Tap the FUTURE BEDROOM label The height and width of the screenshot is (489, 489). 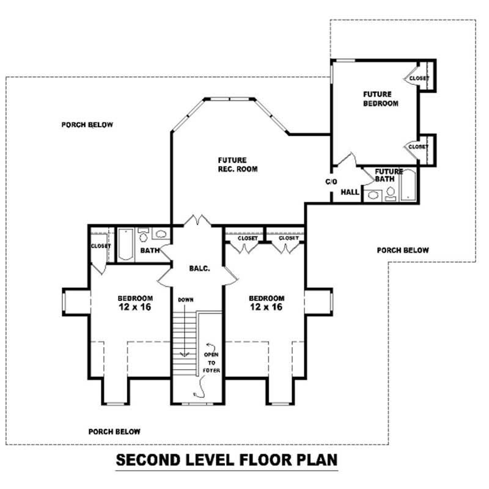click(380, 99)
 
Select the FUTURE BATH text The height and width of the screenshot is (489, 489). click(389, 175)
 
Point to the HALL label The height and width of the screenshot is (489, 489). click(350, 192)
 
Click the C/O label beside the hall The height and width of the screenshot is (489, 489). click(331, 182)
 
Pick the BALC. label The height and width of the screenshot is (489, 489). click(199, 267)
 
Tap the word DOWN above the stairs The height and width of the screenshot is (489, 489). click(186, 300)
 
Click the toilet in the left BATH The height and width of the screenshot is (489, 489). click(144, 235)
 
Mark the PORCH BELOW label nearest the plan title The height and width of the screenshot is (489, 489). click(114, 430)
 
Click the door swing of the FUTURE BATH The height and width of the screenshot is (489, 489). click(367, 176)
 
